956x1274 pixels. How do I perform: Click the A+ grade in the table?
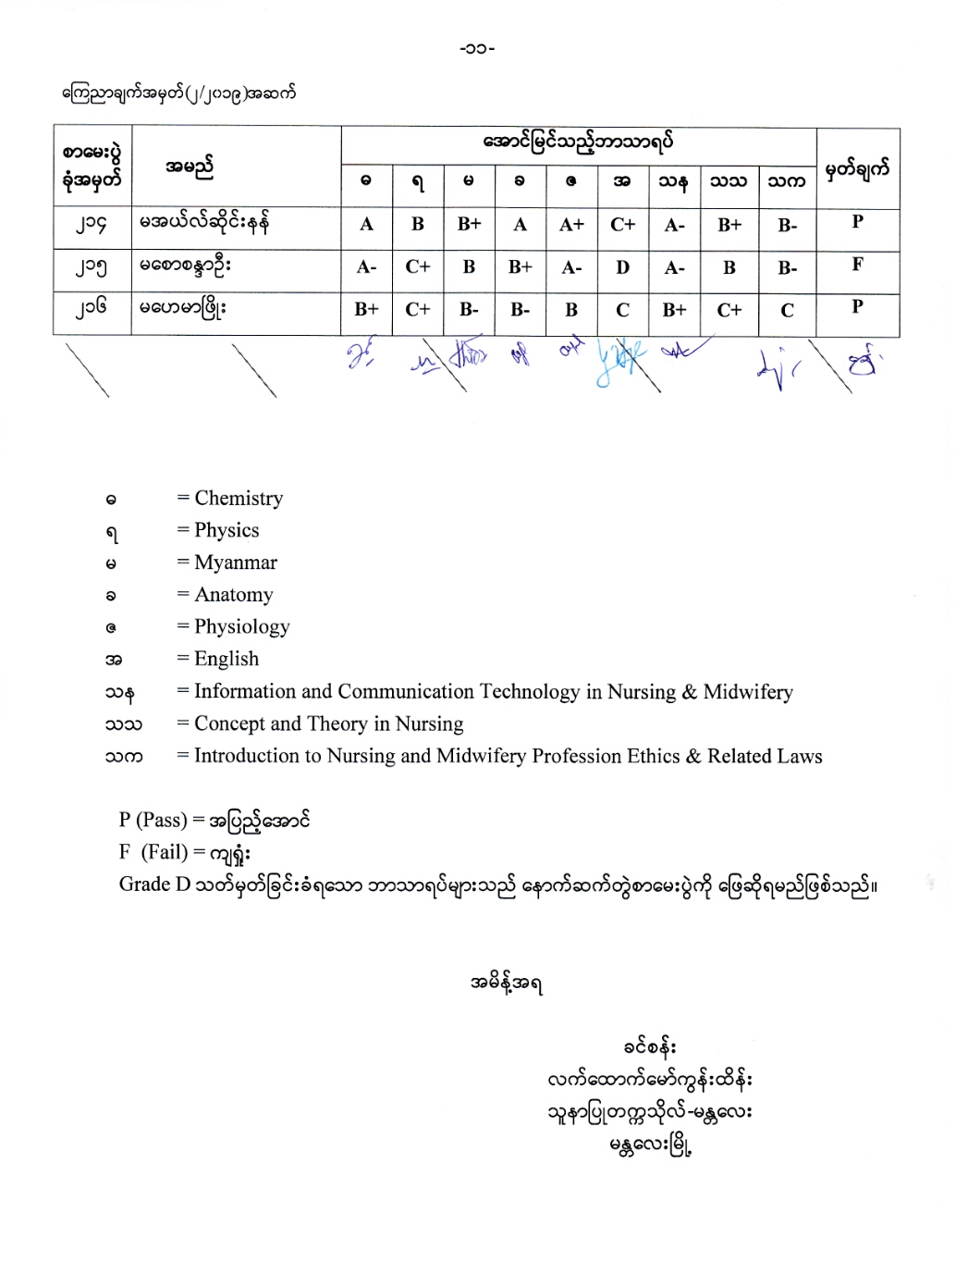tap(571, 225)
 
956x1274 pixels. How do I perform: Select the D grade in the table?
tap(622, 267)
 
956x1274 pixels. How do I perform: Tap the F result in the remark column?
tap(857, 265)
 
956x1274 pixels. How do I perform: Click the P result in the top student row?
tap(857, 222)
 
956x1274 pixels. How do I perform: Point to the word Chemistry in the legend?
tap(239, 499)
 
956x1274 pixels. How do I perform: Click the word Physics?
tap(227, 531)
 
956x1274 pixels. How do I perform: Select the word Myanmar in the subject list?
tap(236, 563)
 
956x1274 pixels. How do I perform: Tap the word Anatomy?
tap(234, 595)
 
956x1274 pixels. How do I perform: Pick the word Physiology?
tap(242, 627)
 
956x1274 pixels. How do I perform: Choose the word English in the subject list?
tap(227, 659)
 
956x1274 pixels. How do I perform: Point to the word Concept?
tap(229, 724)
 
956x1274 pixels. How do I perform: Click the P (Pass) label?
tap(153, 821)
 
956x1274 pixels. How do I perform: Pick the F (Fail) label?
tap(153, 852)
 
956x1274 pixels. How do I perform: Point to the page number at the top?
tap(477, 48)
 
